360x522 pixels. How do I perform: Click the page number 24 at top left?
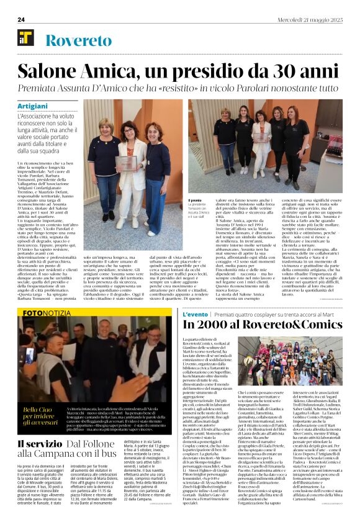20,20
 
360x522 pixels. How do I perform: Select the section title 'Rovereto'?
80,41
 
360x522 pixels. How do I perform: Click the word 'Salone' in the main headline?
61,69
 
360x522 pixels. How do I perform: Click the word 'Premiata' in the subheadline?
63,89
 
